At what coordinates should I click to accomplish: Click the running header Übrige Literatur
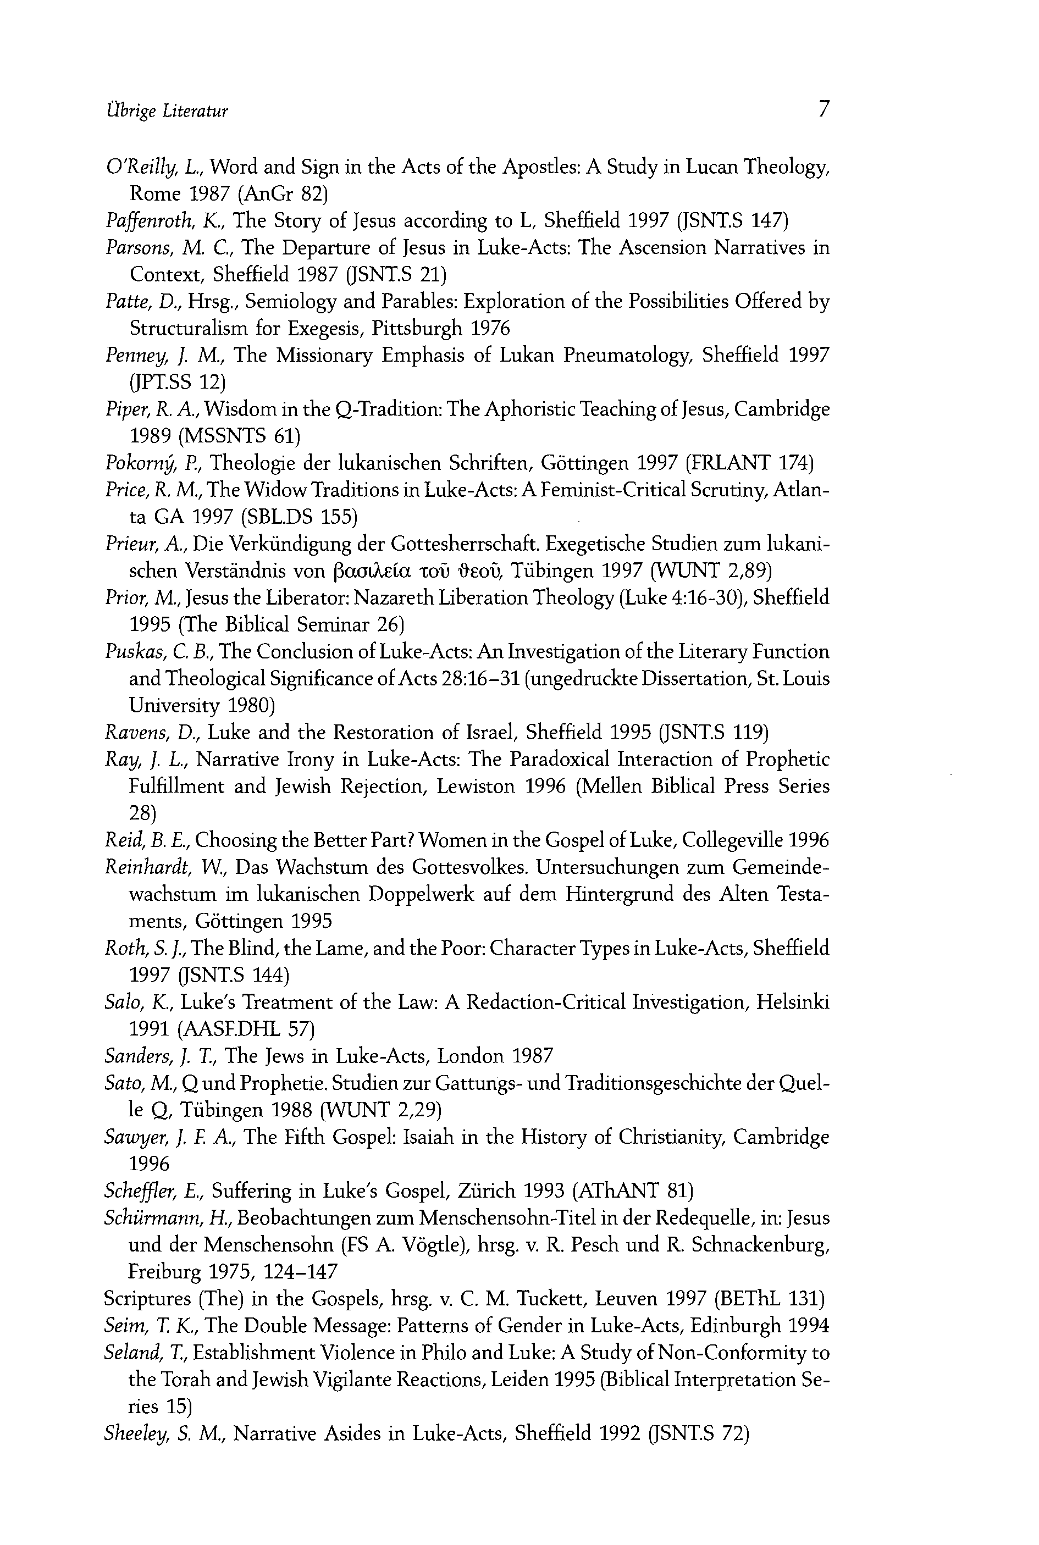(x=167, y=110)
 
